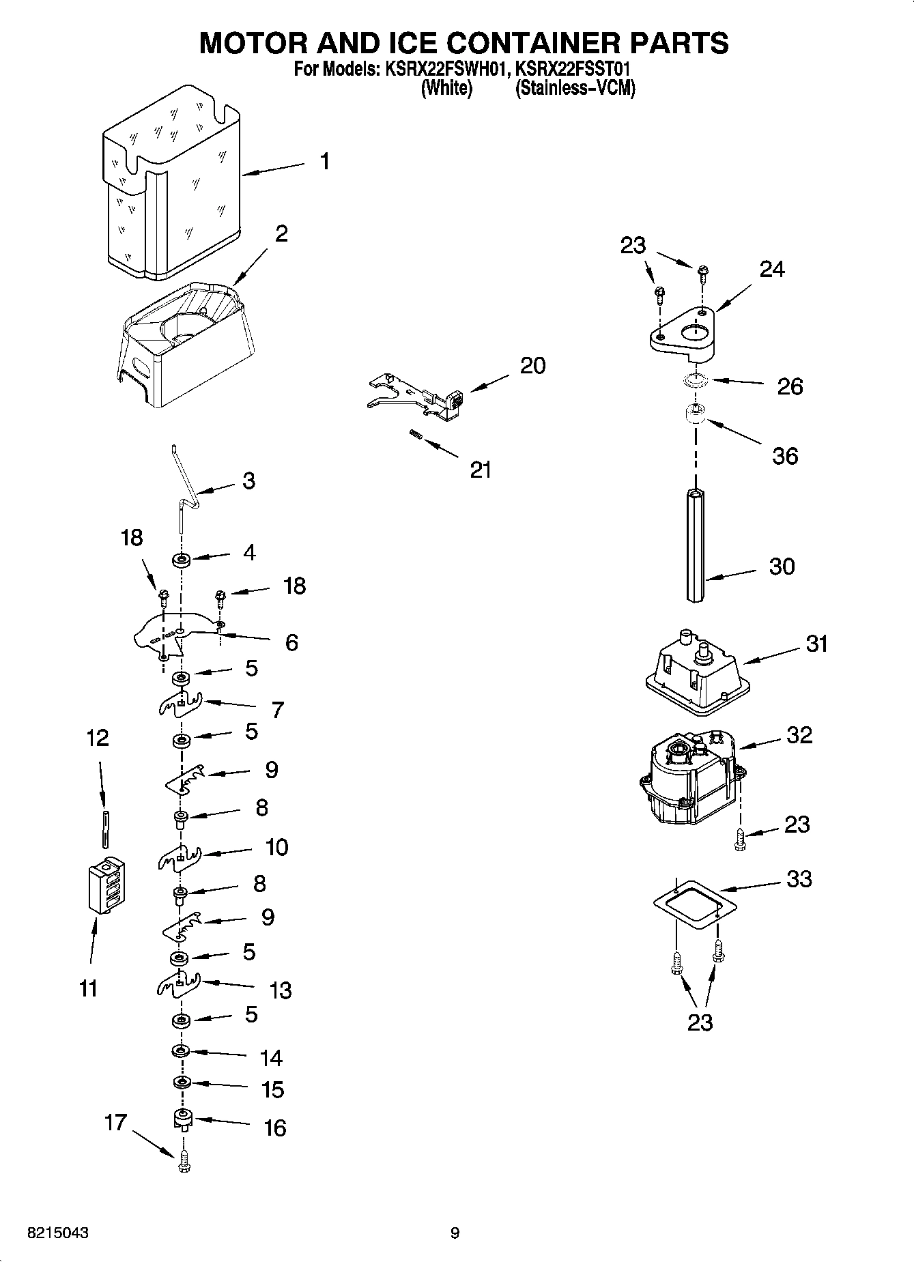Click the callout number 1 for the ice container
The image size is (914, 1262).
click(x=324, y=162)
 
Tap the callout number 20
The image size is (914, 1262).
click(x=532, y=366)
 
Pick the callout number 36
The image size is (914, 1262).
click(x=785, y=456)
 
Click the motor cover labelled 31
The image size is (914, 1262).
click(x=693, y=672)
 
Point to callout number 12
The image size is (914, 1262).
click(x=98, y=738)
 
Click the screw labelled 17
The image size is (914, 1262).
click(x=183, y=1162)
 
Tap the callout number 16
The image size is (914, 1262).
click(x=274, y=1128)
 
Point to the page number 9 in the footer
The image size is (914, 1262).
click(x=455, y=1233)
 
